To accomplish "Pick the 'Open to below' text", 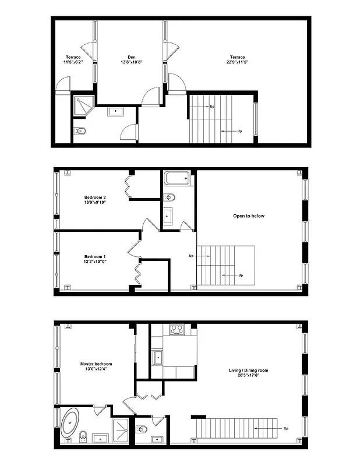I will point(249,216).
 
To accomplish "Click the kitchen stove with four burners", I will point(177,330).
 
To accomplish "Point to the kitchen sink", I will point(157,356).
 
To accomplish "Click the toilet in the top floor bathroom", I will point(80,132).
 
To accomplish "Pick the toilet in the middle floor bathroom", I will point(170,197).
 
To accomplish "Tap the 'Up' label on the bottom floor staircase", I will point(285,428).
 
